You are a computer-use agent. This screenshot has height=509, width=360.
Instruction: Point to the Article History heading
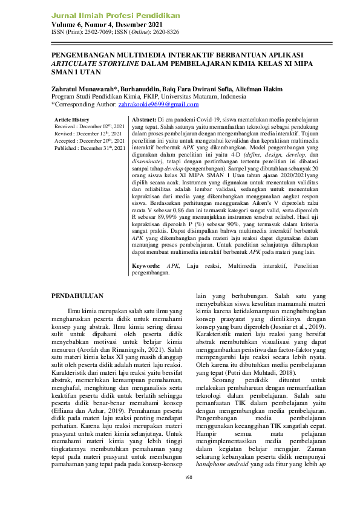click(71, 120)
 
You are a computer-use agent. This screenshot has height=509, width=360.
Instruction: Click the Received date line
click(90, 126)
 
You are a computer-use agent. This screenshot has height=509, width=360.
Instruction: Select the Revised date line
click(88, 133)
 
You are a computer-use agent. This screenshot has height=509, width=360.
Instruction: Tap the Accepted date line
click(90, 140)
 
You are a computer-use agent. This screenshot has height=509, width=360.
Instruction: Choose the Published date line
click(90, 148)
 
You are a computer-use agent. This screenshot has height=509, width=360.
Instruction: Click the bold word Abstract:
click(145, 120)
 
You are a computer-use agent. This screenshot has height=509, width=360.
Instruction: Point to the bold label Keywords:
click(146, 265)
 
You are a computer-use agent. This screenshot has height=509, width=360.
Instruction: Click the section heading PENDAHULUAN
click(77, 296)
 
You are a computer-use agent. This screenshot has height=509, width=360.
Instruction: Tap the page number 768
click(188, 493)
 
